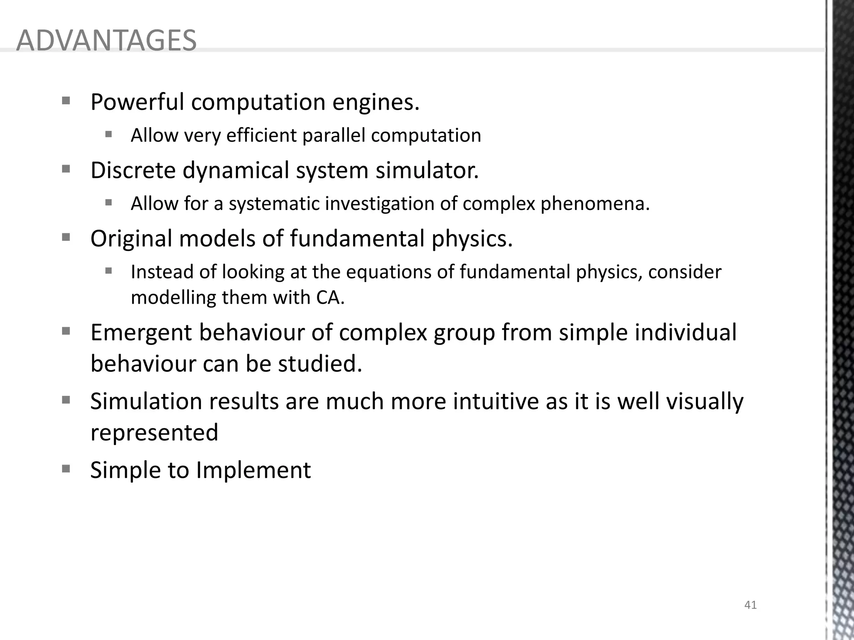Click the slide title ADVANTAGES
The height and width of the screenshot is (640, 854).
(x=106, y=41)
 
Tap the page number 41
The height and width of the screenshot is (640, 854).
(x=750, y=605)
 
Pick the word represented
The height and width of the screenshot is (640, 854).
(x=154, y=432)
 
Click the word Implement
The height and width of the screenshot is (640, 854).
(x=254, y=470)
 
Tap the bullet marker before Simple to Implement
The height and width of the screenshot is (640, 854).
(x=66, y=469)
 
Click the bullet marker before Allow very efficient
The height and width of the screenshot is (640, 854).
(x=109, y=134)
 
